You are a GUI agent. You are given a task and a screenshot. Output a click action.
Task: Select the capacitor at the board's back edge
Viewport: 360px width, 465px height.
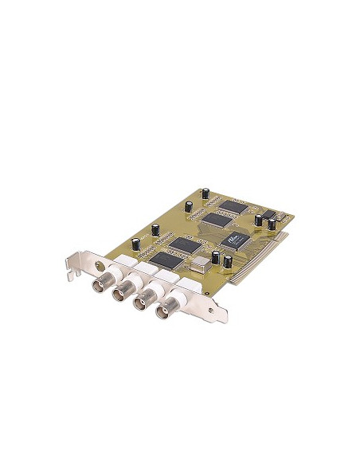[205, 194]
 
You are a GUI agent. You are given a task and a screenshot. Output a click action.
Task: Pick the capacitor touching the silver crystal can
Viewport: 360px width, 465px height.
[215, 256]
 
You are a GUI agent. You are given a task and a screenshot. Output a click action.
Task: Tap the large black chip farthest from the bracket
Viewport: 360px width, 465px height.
[233, 206]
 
